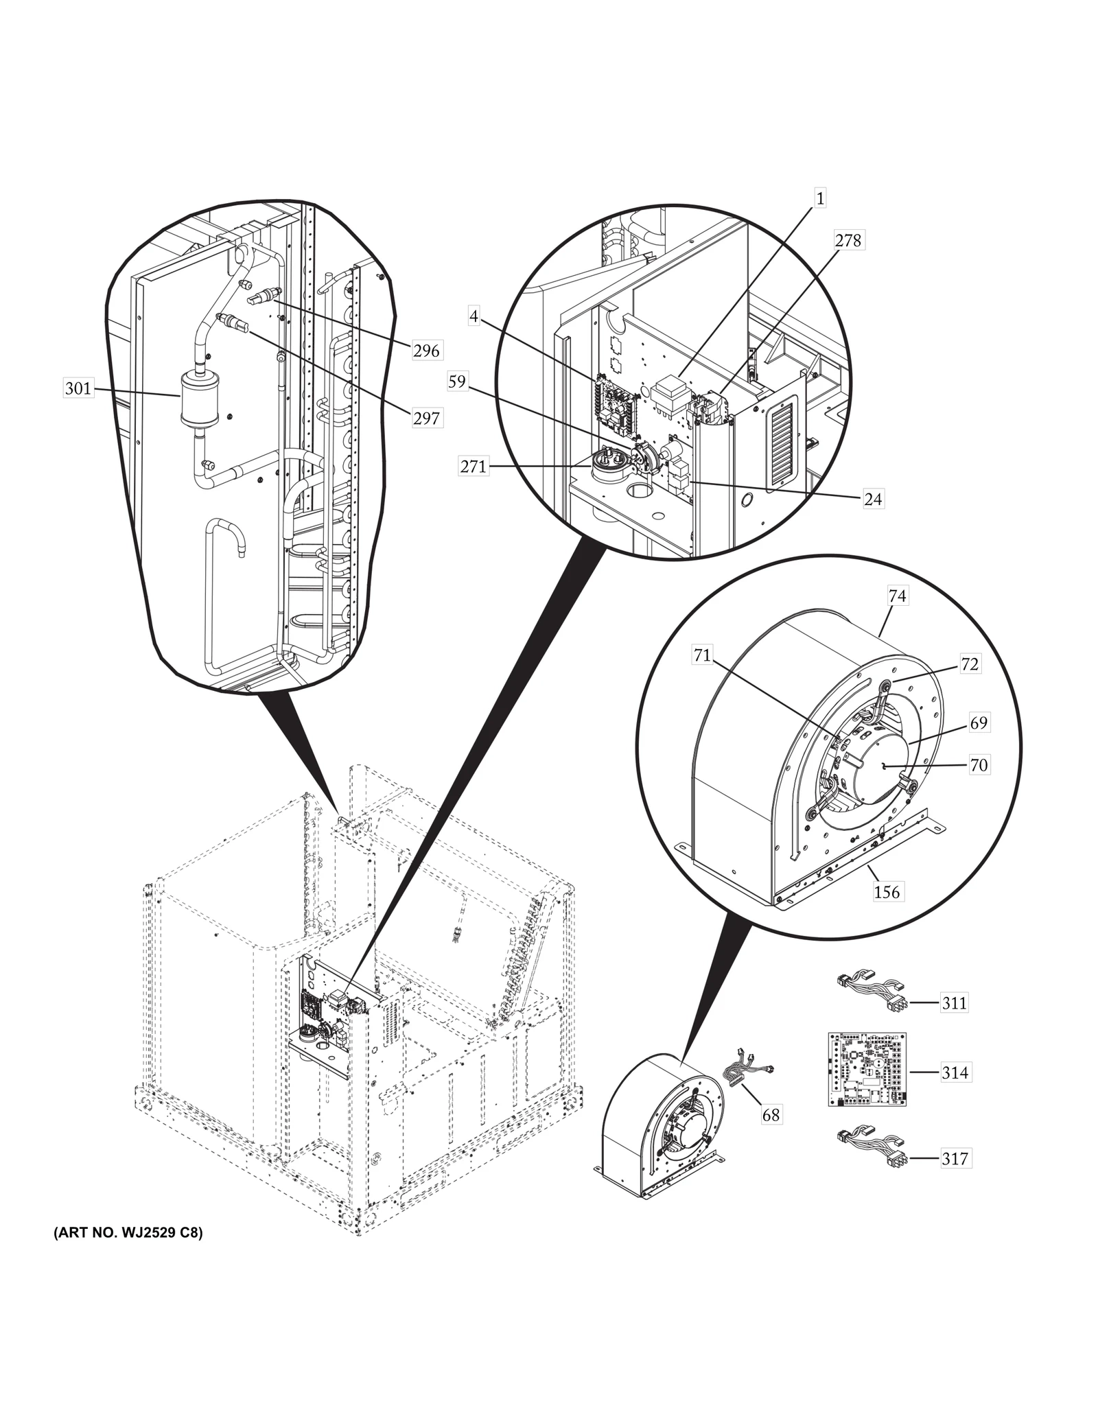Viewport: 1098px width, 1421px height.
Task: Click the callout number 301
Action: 78,389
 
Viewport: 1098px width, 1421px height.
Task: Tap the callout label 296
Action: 426,351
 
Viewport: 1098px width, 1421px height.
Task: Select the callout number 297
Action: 426,417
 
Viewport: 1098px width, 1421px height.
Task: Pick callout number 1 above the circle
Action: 820,199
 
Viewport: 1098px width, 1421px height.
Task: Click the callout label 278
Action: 848,241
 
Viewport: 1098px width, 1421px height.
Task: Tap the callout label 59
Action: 457,381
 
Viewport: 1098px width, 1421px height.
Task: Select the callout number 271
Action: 474,467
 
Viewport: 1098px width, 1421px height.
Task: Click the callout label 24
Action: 872,499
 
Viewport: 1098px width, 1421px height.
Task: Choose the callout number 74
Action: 897,597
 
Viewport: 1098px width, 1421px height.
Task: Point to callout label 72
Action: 969,664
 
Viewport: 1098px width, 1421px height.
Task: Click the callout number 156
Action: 887,892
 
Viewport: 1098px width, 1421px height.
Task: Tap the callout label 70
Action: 979,765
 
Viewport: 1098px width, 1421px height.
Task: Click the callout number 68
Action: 771,1115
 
